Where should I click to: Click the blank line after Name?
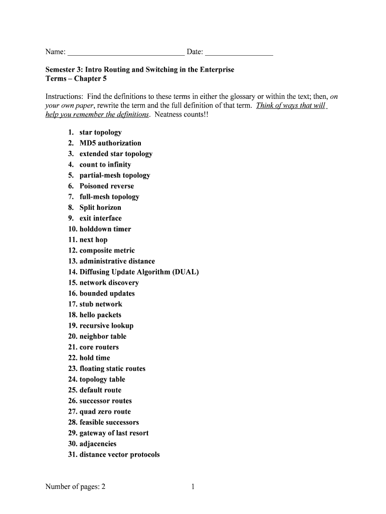click(x=126, y=53)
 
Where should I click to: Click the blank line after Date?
click(x=239, y=53)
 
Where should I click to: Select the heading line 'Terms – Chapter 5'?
click(x=76, y=79)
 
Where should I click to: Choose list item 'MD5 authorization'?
click(x=110, y=143)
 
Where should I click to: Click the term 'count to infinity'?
click(x=105, y=165)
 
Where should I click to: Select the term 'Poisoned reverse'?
click(x=107, y=186)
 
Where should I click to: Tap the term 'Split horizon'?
click(x=100, y=208)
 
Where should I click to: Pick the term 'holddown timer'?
click(x=105, y=229)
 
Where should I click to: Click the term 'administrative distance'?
click(x=117, y=261)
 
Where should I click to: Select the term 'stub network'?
click(x=101, y=304)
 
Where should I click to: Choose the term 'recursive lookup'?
click(x=106, y=326)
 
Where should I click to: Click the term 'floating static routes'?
click(x=112, y=368)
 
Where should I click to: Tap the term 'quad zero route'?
click(x=105, y=412)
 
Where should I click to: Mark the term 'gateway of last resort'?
click(x=114, y=433)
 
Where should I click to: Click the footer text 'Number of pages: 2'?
click(x=75, y=486)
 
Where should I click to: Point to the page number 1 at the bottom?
click(x=192, y=486)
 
